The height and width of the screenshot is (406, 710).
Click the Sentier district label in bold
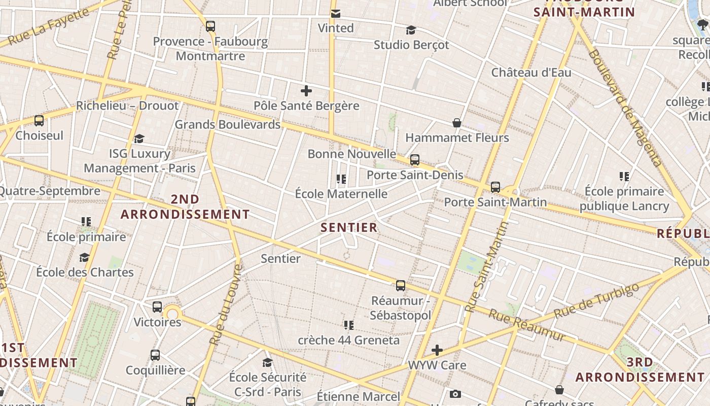tap(349, 227)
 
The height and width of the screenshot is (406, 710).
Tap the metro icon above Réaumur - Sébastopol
tap(401, 286)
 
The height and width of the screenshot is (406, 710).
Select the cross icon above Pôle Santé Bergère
tap(306, 91)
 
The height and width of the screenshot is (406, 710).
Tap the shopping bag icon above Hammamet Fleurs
tap(456, 123)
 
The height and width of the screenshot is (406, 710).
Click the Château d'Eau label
tap(531, 73)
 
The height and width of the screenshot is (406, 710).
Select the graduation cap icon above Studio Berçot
tap(411, 30)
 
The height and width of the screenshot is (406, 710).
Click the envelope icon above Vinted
tap(335, 14)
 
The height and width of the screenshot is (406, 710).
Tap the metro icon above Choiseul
tap(39, 121)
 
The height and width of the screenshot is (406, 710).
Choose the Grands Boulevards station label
tap(227, 124)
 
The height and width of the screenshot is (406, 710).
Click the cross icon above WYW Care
tap(437, 350)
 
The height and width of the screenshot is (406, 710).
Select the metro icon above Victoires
tap(157, 307)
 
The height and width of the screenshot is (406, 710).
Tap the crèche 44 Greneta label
tap(348, 340)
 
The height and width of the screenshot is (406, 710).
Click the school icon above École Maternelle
tap(341, 179)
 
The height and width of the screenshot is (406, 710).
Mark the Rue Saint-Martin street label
tap(487, 266)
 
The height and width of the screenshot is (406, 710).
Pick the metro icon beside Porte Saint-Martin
tap(495, 187)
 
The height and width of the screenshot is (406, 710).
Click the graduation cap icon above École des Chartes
tap(84, 258)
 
